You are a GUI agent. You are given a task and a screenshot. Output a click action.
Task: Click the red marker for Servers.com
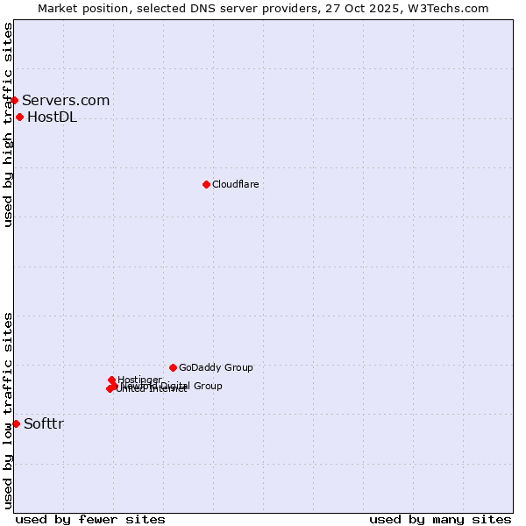(14, 100)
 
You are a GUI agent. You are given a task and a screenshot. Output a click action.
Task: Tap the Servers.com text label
(66, 101)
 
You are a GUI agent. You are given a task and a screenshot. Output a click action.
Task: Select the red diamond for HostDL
(19, 117)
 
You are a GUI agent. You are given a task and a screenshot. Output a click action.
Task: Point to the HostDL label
(52, 117)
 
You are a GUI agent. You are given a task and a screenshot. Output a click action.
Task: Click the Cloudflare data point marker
(206, 184)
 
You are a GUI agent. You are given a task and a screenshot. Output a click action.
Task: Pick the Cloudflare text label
(235, 184)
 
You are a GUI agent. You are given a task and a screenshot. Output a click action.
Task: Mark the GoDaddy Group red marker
(173, 367)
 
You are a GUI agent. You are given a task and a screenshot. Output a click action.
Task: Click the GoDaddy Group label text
(216, 367)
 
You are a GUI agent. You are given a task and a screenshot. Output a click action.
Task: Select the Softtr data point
(16, 423)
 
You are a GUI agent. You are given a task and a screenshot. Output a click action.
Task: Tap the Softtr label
(44, 424)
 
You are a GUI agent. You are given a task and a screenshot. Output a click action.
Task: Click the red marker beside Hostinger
(111, 380)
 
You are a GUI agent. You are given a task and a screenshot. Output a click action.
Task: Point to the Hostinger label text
(139, 380)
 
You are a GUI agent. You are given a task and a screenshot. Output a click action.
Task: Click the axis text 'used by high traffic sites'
(8, 124)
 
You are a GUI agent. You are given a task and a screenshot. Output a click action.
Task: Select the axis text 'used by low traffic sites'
(8, 410)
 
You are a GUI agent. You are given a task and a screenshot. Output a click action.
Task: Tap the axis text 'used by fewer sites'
(90, 519)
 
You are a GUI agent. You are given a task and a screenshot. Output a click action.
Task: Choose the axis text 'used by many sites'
(440, 519)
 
